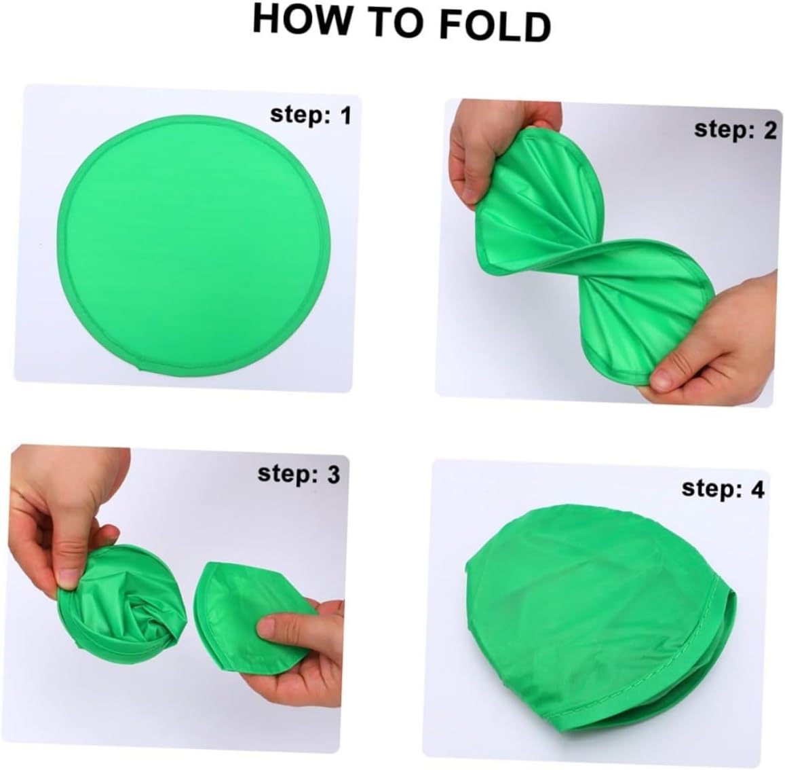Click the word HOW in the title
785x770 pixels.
pos(301,19)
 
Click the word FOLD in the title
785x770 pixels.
pos(495,24)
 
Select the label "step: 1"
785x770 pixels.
pos(311,115)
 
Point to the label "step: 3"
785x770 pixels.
pos(299,474)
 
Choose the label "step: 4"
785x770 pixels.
pos(723,488)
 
